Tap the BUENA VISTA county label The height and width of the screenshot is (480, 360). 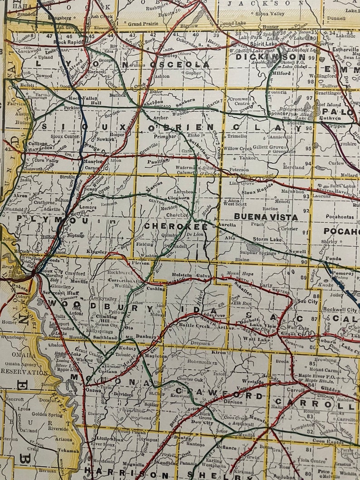click(x=266, y=217)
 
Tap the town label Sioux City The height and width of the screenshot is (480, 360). click(x=51, y=271)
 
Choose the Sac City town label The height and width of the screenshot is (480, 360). click(x=307, y=301)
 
